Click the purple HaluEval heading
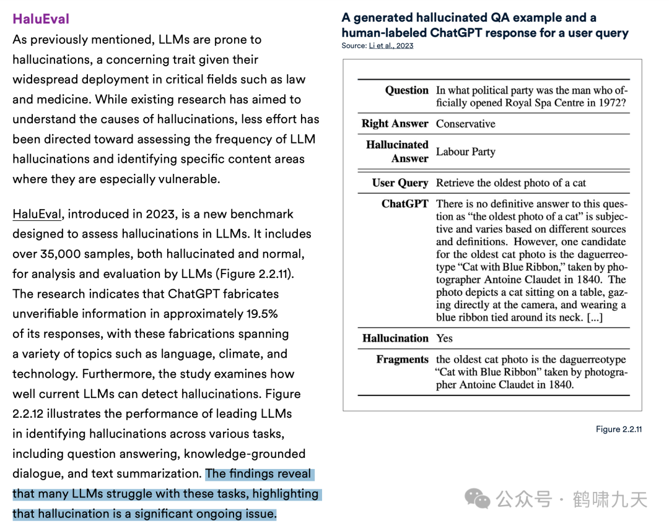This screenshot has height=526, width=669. tap(41, 19)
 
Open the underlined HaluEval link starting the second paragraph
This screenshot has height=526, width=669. tap(37, 214)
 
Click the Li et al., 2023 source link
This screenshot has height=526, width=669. tap(391, 46)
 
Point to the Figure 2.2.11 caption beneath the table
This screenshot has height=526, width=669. tap(618, 429)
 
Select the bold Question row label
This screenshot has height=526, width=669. tap(406, 90)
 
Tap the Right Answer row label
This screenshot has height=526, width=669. tap(395, 124)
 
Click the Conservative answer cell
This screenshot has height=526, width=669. tap(465, 124)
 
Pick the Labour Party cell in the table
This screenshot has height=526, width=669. tap(465, 152)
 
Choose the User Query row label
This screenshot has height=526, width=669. tap(400, 183)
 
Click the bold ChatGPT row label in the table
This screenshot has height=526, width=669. tap(404, 204)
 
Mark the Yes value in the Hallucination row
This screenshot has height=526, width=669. tap(444, 338)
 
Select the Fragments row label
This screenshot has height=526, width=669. tap(402, 360)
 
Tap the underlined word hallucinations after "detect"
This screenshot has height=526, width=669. tap(220, 394)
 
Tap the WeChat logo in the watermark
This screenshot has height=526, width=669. tap(478, 499)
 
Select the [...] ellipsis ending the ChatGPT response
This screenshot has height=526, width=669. tap(595, 317)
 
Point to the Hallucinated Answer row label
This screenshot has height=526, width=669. tap(396, 152)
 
